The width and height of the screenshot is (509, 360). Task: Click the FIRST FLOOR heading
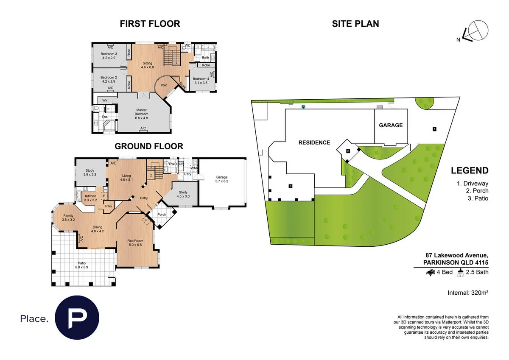click(150, 24)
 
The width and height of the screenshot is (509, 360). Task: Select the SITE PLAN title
click(355, 24)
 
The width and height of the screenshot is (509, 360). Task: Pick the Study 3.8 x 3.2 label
click(90, 172)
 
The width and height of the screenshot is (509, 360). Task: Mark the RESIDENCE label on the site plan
click(314, 142)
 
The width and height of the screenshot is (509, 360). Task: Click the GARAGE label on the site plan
click(391, 126)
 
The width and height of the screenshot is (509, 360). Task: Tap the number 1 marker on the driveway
click(434, 128)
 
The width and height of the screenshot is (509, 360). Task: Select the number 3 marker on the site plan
click(290, 186)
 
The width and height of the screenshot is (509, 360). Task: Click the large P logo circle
click(78, 318)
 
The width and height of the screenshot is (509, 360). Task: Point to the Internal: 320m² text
click(468, 293)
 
